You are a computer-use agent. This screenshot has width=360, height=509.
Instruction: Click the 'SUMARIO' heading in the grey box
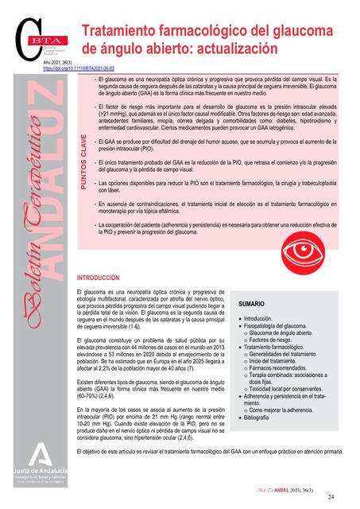tap(253, 304)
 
